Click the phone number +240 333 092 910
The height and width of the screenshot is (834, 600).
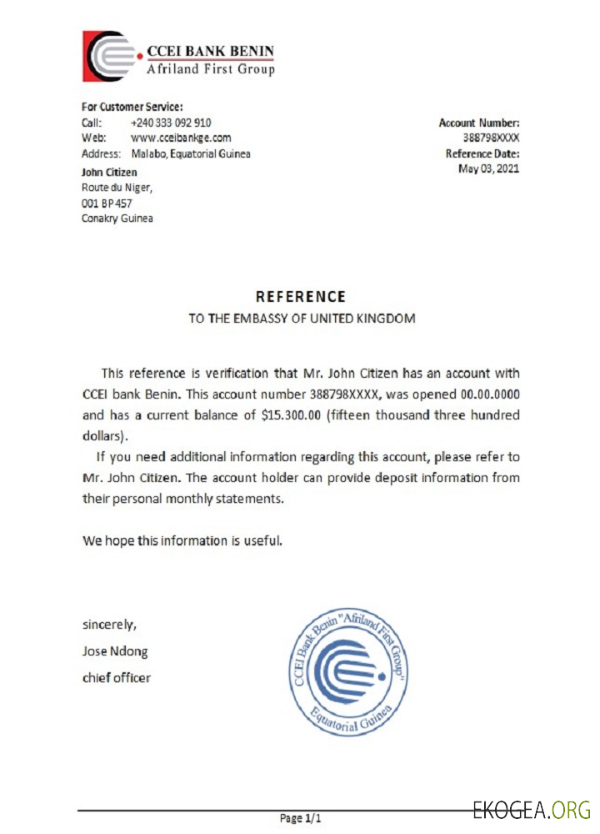171,123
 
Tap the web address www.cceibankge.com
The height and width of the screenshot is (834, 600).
181,138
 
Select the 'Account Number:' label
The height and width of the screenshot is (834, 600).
479,123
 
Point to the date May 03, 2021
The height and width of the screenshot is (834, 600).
489,169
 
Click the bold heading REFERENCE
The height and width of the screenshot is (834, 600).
300,296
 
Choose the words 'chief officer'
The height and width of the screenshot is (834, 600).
117,677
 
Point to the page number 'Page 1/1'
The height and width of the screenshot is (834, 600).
300,818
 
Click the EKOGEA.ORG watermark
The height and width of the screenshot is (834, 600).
531,809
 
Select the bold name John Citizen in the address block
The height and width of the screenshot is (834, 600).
109,172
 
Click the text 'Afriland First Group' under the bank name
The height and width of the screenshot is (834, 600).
210,69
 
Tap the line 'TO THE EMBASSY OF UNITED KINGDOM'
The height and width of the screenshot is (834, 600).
301,319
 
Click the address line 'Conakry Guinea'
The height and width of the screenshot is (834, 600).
117,219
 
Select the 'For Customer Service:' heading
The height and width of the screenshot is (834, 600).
132,107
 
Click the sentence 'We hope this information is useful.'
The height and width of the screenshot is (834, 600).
182,540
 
